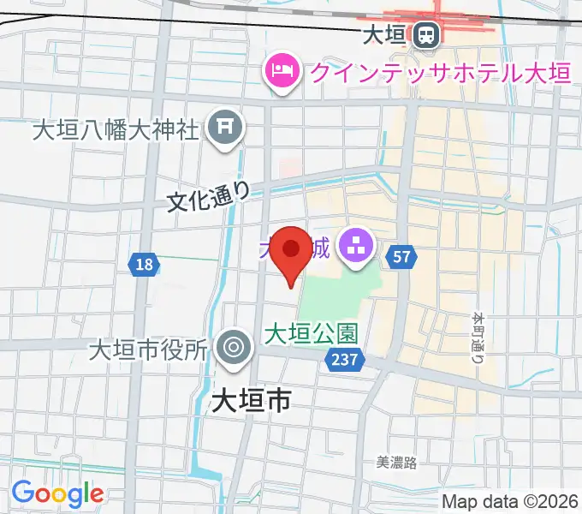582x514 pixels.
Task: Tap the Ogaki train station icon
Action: pos(425,35)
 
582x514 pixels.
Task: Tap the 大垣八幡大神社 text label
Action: pos(116,129)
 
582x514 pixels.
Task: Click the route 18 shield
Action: pos(144,265)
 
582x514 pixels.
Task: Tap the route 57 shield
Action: pos(403,255)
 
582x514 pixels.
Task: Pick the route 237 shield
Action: pos(345,361)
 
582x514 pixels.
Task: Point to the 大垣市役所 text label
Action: pos(149,350)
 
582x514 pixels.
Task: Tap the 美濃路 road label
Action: pos(396,463)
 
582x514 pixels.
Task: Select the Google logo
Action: pos(57,493)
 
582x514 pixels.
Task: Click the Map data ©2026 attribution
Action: pos(509,502)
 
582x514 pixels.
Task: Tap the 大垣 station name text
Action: pos(383,35)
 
